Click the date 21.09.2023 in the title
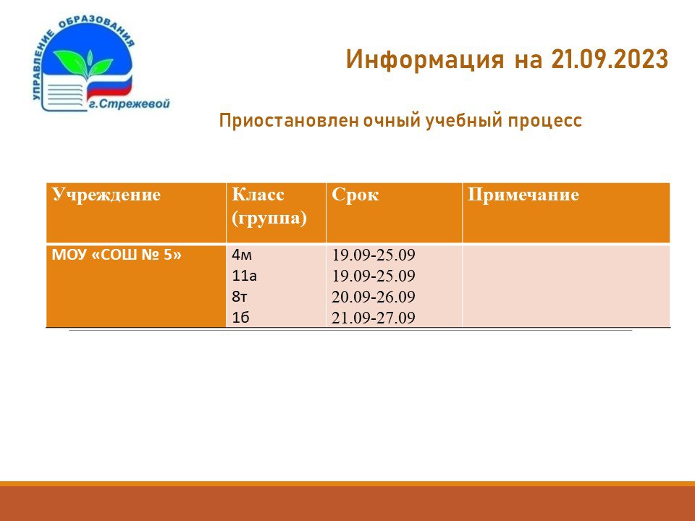610,59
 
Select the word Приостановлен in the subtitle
289,121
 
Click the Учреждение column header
106,195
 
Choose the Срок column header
355,195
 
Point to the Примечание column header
523,195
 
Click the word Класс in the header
258,195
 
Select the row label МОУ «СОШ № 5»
117,255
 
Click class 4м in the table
242,255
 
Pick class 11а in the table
244,276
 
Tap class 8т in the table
240,297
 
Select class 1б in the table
240,318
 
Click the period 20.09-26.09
374,297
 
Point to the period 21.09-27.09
374,318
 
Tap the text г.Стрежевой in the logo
130,104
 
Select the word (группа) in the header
269,219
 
